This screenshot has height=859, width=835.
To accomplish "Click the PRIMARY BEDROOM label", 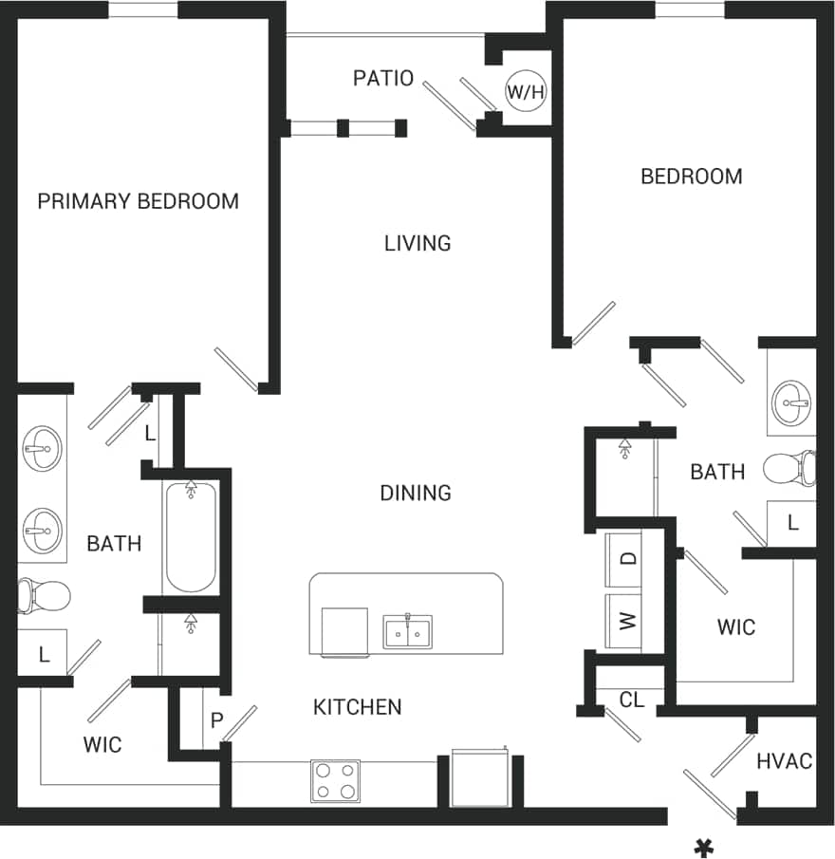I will pos(138,201).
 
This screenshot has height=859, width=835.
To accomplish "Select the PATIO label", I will pos(383,78).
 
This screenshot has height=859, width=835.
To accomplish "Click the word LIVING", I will pos(417,244).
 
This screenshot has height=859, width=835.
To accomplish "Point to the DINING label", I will pos(416,493).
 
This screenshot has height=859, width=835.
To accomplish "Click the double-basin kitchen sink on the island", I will pos(408,631).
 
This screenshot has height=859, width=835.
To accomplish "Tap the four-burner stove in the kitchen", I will pos(335,780).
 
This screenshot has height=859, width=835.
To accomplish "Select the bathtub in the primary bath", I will pos(191,536).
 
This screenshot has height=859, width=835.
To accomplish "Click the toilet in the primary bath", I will pos(43,596).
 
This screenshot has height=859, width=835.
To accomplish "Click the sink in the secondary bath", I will pos(791,401).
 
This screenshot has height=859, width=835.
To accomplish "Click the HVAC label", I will pos(784,761).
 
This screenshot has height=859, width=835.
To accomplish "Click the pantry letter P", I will pos(216,721).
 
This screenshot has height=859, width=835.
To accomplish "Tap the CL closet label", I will pos(632,700).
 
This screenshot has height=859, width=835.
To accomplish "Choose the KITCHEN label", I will pos(358,707).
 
